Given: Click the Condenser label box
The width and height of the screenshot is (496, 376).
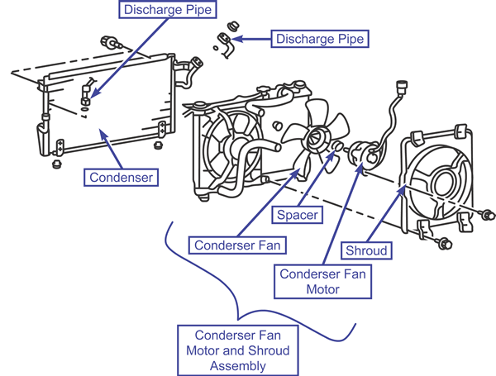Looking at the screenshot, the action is point(121,178).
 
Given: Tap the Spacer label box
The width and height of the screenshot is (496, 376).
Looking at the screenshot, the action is point(297,215).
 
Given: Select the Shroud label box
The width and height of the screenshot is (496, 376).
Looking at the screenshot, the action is point(366,250).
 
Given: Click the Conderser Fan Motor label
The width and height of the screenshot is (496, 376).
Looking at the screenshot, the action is point(322,282).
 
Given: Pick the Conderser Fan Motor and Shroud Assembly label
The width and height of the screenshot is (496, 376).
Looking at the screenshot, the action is point(237,350).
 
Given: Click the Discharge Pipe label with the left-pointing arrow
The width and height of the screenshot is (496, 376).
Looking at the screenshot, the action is point(320,39).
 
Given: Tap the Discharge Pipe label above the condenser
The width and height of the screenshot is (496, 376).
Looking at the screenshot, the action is point(168,9).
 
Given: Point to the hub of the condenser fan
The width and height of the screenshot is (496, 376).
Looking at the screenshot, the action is point(317,138).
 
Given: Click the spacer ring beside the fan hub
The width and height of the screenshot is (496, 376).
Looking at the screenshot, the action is point(338,145).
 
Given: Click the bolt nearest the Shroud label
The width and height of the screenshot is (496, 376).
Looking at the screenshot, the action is point(445,244).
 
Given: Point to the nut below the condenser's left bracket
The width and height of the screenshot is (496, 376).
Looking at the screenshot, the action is point(56,164).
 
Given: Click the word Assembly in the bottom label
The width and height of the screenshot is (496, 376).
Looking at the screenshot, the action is point(237,366).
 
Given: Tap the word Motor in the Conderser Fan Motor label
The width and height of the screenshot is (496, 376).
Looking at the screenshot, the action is point(322,289).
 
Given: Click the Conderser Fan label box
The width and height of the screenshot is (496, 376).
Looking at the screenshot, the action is point(237,245).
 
